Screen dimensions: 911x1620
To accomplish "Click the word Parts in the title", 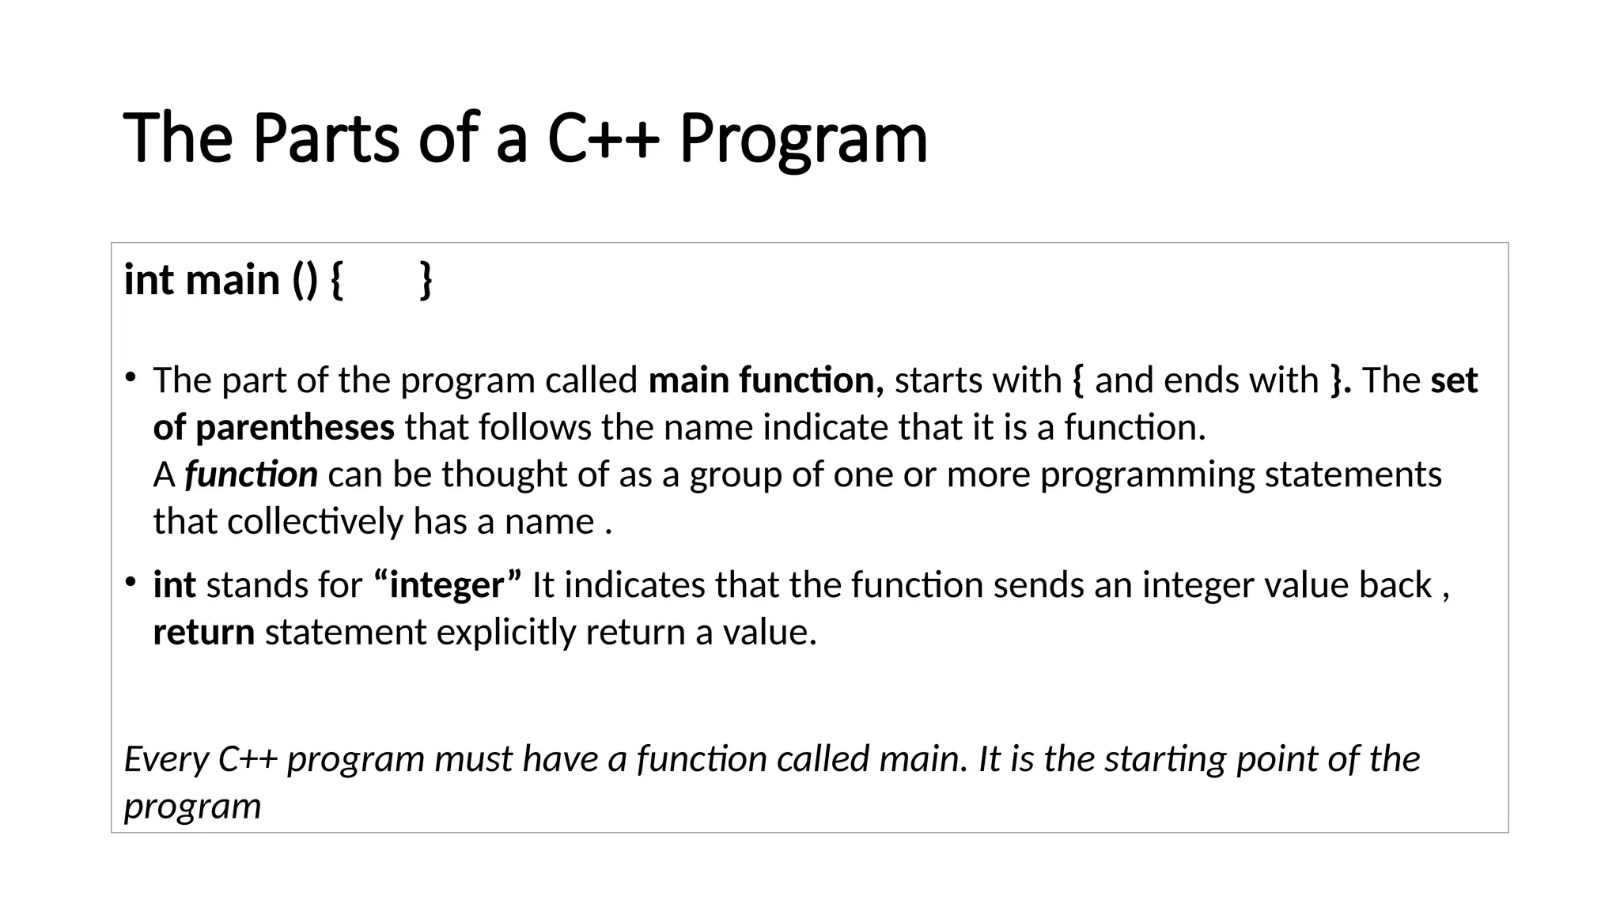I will (x=326, y=138).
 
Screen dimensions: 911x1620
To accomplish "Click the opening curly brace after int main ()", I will (x=336, y=280).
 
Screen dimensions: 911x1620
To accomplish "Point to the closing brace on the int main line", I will (x=426, y=280).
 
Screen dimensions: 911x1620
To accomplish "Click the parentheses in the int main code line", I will (x=305, y=280).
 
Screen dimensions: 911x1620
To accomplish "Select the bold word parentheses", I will (x=294, y=428).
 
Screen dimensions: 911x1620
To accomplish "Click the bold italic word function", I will (x=251, y=474).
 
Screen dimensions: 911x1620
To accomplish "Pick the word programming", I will (x=1147, y=475).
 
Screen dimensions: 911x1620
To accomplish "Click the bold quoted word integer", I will (x=447, y=585).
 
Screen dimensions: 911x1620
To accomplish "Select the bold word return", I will (x=203, y=633).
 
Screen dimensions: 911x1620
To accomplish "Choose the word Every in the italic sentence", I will (x=165, y=759).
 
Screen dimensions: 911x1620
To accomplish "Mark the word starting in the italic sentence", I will (x=1164, y=759).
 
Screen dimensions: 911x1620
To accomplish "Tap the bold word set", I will (x=1454, y=380).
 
